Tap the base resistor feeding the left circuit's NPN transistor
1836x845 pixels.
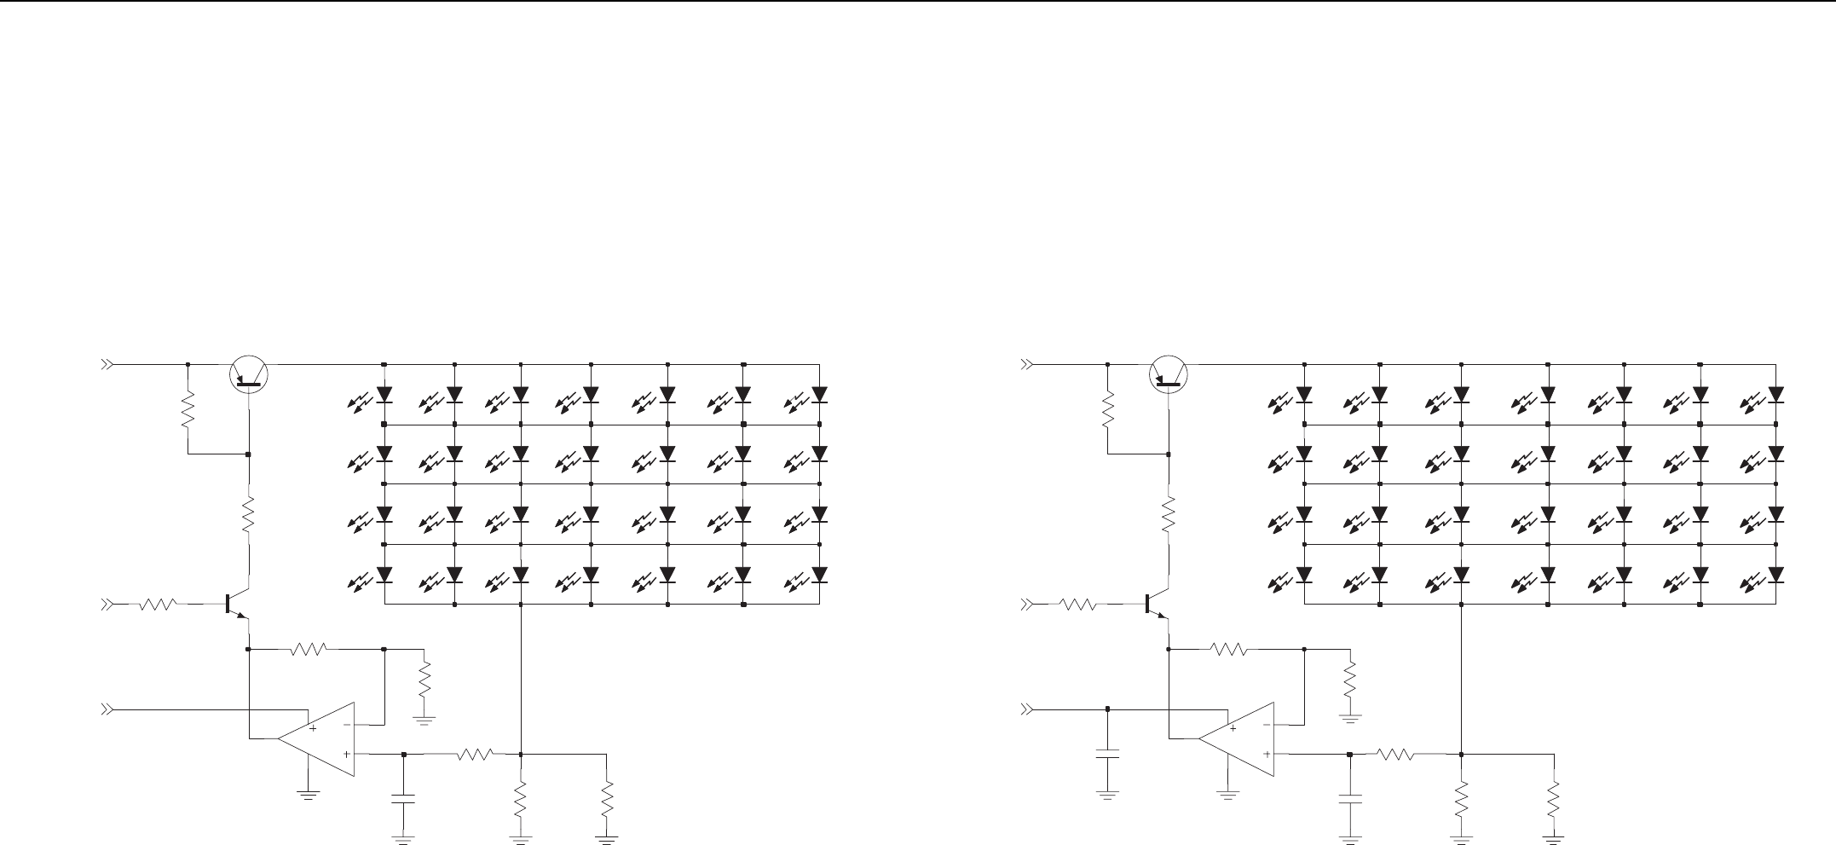pyautogui.click(x=159, y=605)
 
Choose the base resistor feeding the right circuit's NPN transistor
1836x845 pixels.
pyautogui.click(x=1078, y=605)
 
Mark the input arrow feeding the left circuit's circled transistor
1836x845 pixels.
pyautogui.click(x=107, y=364)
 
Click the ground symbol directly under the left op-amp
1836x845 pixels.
pyautogui.click(x=308, y=796)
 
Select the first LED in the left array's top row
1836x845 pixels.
pyautogui.click(x=384, y=396)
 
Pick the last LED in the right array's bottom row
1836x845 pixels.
pyautogui.click(x=1776, y=574)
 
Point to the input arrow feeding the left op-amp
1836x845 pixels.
pyautogui.click(x=107, y=709)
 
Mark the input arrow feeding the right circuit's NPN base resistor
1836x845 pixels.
pyautogui.click(x=1028, y=605)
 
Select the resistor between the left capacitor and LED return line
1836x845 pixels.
pyautogui.click(x=475, y=754)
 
